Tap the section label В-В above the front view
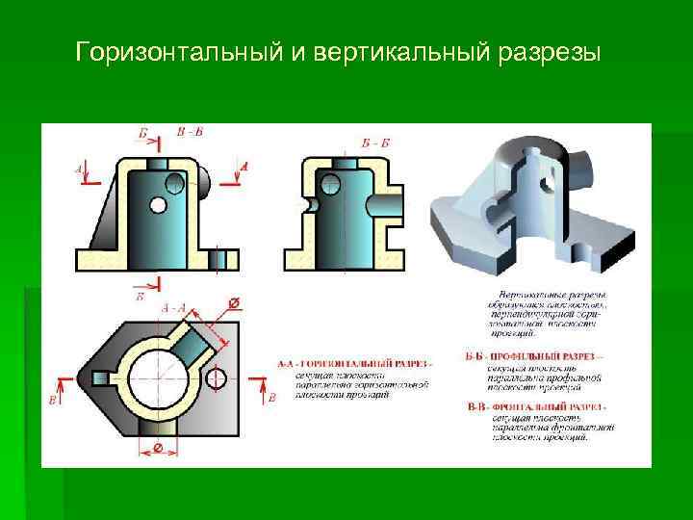[x=190, y=131]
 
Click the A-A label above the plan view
[x=174, y=307]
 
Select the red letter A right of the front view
[x=244, y=167]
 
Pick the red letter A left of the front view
[x=79, y=169]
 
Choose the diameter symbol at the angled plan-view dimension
[x=231, y=304]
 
